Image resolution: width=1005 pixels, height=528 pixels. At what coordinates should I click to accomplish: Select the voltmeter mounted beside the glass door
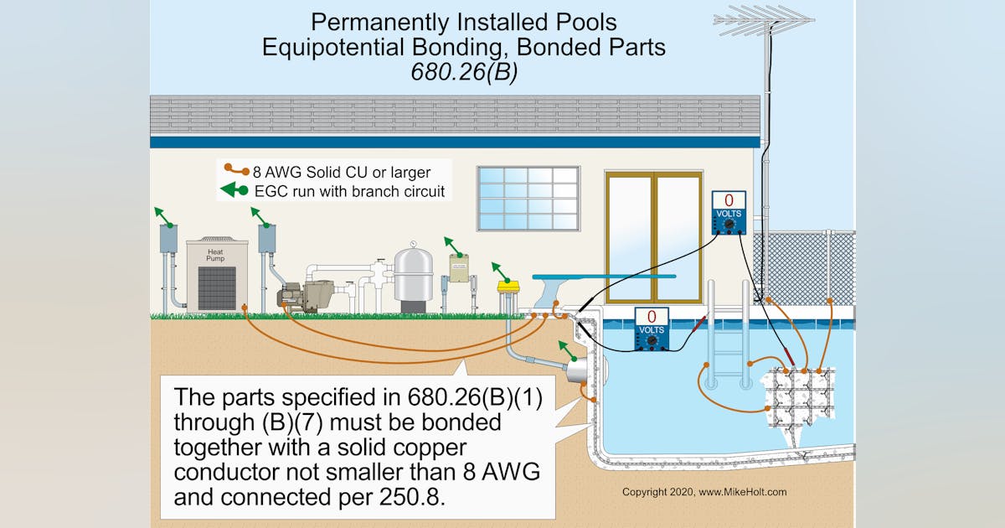(728, 213)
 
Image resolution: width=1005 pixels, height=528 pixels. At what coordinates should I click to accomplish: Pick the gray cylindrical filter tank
(414, 277)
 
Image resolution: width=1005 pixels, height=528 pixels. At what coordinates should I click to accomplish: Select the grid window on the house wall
(528, 198)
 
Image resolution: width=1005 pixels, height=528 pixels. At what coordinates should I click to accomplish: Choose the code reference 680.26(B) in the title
(464, 72)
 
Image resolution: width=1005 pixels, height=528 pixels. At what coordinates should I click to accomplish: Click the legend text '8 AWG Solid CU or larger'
(341, 173)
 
